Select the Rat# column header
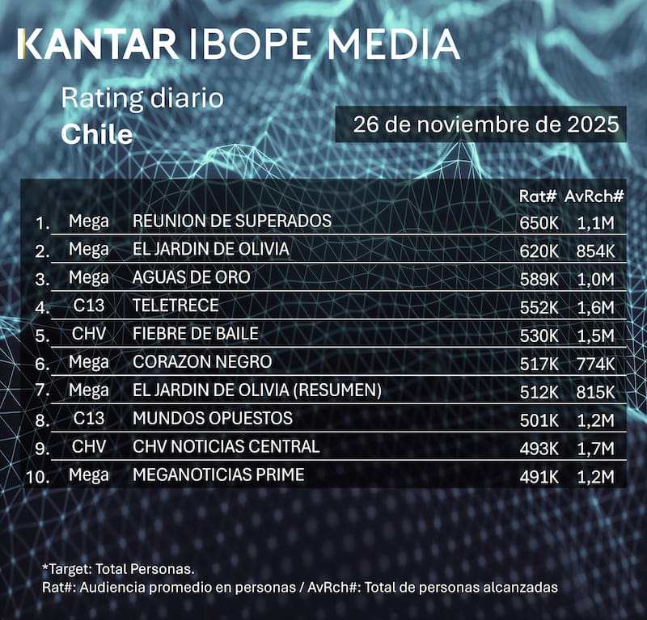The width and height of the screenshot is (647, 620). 537,196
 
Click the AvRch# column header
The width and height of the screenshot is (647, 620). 595,196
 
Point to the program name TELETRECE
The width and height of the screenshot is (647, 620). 175,305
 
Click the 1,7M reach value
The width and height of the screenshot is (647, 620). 596,447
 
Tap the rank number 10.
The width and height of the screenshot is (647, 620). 39,476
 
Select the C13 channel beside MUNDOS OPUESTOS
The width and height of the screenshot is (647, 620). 89,419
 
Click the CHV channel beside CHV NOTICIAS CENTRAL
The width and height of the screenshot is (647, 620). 89,446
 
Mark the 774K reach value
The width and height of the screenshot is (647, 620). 596,363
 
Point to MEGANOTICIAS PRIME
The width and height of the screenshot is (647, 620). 218,474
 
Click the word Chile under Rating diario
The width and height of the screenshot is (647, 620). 97,134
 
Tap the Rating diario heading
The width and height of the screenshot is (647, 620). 142,99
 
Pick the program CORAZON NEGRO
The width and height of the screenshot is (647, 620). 202,361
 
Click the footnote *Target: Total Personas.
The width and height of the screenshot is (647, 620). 118,569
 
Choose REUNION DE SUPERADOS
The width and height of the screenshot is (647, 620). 232,221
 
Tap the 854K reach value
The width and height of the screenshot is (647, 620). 596,251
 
